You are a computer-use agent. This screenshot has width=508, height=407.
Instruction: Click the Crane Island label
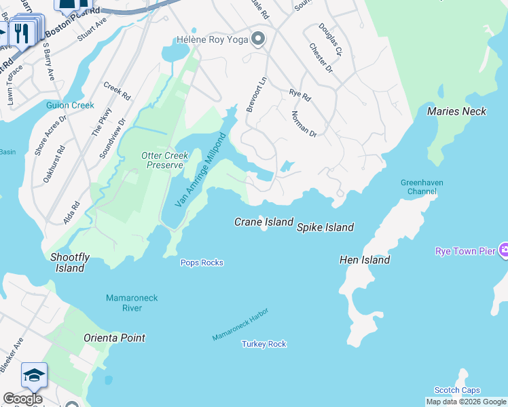click(264, 222)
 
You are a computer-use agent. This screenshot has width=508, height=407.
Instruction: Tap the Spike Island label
click(325, 227)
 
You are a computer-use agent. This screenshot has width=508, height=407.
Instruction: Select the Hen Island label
click(365, 260)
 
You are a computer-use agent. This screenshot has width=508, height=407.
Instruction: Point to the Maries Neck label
click(456, 111)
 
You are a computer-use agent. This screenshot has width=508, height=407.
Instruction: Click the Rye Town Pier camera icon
click(503, 251)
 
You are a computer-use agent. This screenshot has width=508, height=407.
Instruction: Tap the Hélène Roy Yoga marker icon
click(257, 39)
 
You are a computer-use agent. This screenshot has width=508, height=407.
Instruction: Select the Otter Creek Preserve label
click(164, 160)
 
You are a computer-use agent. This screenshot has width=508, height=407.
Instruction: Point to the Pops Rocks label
click(202, 263)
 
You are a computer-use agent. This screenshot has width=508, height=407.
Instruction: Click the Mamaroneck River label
click(124, 303)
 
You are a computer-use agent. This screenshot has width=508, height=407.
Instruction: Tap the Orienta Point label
click(114, 338)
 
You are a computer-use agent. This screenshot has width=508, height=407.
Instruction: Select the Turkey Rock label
click(264, 344)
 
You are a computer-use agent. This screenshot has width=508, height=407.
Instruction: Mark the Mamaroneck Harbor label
click(240, 324)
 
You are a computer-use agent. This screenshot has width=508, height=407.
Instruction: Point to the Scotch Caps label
click(457, 390)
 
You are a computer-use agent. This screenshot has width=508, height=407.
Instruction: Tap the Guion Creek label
click(70, 105)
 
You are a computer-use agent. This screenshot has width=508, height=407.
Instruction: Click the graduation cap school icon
click(34, 374)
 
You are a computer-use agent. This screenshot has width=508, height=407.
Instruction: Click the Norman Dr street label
click(304, 123)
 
